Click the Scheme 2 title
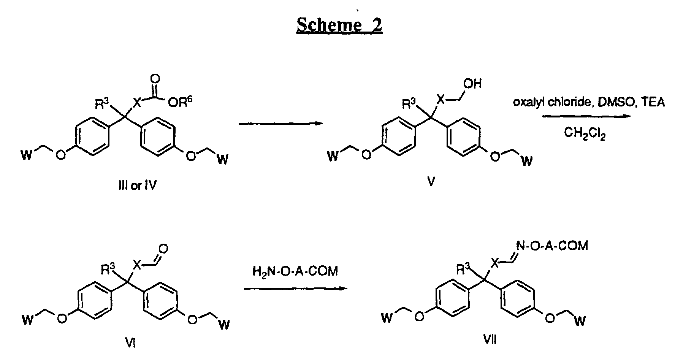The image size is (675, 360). [339, 25]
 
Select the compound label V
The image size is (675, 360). [431, 182]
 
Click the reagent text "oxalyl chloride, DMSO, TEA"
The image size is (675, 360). [589, 102]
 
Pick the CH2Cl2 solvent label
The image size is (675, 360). [585, 133]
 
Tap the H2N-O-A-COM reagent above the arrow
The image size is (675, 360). [295, 271]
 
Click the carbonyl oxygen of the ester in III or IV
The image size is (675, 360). [155, 79]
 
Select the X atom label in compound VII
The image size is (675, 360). [495, 262]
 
